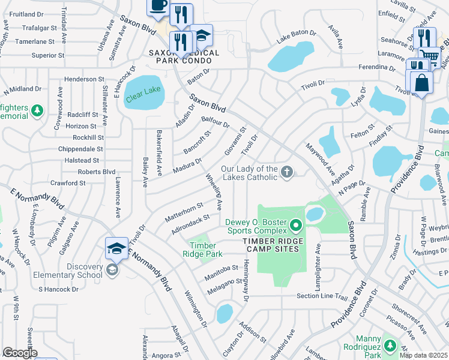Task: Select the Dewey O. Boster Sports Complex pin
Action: (295, 226)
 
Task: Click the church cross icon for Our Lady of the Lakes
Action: (287, 173)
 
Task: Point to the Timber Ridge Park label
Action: (202, 250)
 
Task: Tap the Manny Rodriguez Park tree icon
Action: (390, 346)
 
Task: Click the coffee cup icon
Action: (158, 6)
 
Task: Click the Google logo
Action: (19, 353)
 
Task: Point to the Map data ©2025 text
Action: (423, 355)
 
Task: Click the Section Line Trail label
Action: (322, 296)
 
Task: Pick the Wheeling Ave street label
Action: (215, 192)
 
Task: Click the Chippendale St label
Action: (80, 149)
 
